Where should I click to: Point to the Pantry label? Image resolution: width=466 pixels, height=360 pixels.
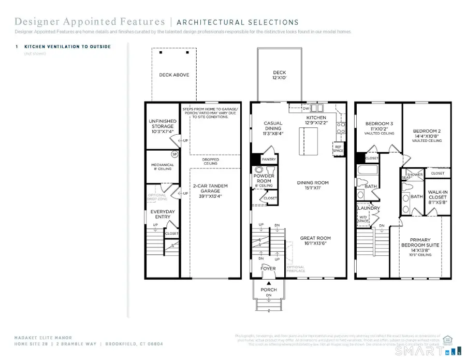[x=269, y=160]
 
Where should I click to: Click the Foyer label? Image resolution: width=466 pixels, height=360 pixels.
[x=268, y=269]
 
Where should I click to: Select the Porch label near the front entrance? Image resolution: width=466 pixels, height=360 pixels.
[x=269, y=290]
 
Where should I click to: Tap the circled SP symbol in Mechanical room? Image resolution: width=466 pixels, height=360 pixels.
[x=175, y=154]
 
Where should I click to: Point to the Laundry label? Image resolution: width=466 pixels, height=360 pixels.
[x=369, y=208]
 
